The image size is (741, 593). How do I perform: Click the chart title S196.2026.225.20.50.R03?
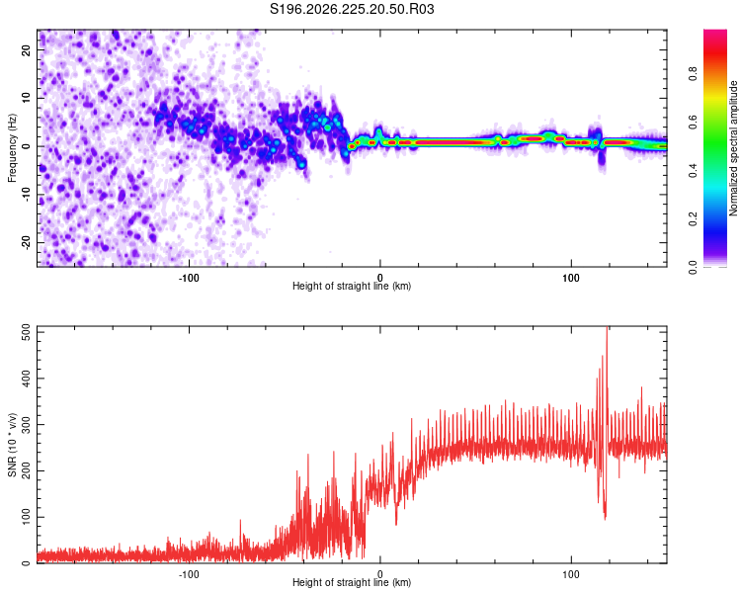coord(352,9)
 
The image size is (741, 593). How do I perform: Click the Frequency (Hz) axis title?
coord(12,148)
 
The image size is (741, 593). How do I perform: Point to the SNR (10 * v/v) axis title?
coord(12,445)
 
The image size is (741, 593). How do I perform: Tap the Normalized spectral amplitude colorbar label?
coord(733,148)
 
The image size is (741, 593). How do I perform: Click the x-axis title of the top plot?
coord(352,286)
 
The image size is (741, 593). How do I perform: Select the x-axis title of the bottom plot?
coord(352,582)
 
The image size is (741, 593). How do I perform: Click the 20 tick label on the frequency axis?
coord(27,50)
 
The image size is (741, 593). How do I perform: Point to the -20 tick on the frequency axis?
coord(27,241)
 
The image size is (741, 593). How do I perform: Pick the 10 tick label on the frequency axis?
coord(27,98)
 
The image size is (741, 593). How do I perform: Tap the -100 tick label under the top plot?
coord(189,278)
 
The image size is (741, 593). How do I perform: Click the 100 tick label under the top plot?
coord(571,278)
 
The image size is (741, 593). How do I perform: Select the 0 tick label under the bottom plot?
coord(380,574)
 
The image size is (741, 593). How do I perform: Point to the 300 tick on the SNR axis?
coord(27,425)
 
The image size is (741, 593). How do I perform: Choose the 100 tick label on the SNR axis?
coord(27,517)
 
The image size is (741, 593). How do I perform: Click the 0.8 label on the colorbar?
coord(693,74)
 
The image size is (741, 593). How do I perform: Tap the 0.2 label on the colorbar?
coord(693,219)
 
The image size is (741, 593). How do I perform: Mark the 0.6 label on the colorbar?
coord(693,122)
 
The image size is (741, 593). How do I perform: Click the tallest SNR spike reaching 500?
coord(607,331)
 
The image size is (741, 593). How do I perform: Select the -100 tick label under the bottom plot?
coord(189,574)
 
